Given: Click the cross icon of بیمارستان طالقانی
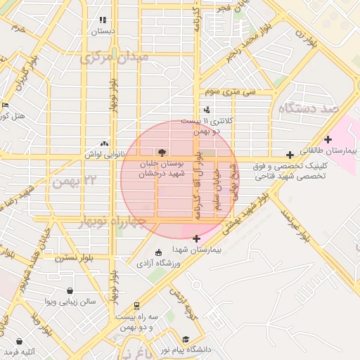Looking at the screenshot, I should pyautogui.click(x=328, y=139).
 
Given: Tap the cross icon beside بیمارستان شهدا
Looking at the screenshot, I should pyautogui.click(x=196, y=239).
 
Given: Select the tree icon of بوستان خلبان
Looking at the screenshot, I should pyautogui.click(x=163, y=151).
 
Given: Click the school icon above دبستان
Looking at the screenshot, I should pyautogui.click(x=103, y=20).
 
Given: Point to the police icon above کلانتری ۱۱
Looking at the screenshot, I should pyautogui.click(x=206, y=110).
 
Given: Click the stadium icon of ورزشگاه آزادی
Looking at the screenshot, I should pyautogui.click(x=157, y=252).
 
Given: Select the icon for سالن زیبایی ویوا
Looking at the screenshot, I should pyautogui.click(x=70, y=291).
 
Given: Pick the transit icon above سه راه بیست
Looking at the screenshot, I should pyautogui.click(x=136, y=307).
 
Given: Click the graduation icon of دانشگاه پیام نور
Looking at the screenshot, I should pyautogui.click(x=185, y=337).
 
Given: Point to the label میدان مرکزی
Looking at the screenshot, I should pyautogui.click(x=114, y=56).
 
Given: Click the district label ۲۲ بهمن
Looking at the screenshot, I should pyautogui.click(x=72, y=181).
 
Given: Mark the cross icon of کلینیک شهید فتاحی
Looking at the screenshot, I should pyautogui.click(x=290, y=155).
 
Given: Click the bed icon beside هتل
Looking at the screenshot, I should pyautogui.click(x=6, y=105).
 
